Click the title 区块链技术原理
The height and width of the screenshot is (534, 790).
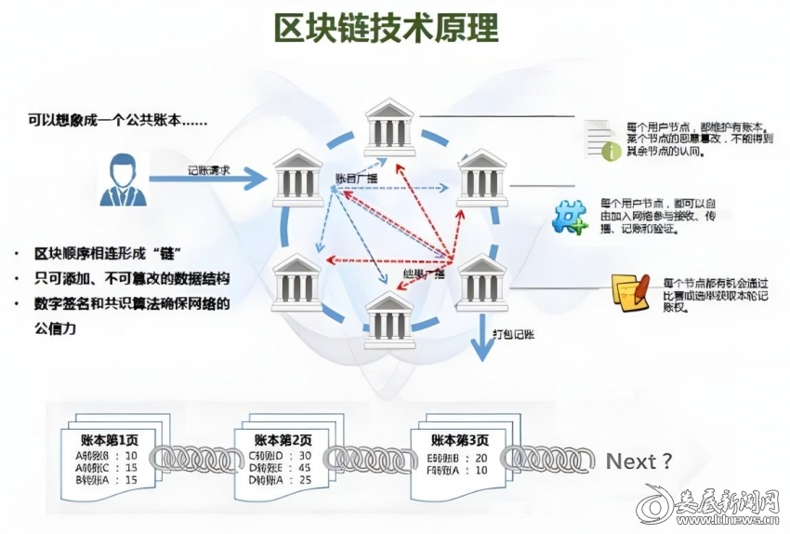pos(386,29)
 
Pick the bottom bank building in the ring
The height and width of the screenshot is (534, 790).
pos(389,319)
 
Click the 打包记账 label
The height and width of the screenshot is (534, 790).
pos(515,332)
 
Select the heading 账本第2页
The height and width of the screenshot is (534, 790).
pos(283,438)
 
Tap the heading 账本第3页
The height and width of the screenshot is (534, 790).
pos(459,438)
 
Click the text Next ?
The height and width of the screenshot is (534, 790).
pos(639,461)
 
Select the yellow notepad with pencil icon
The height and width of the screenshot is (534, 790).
pos(629,291)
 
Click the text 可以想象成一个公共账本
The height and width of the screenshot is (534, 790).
pos(117,121)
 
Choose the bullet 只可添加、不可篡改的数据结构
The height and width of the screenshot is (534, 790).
pos(131,278)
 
